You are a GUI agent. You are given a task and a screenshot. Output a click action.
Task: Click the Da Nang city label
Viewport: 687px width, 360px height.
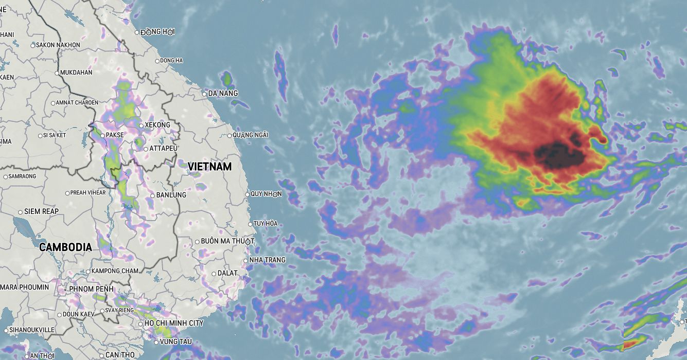tap(223, 94)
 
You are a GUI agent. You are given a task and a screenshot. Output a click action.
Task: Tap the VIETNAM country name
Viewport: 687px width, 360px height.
tap(209, 167)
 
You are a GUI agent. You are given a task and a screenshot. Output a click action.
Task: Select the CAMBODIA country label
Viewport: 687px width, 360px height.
tap(65, 247)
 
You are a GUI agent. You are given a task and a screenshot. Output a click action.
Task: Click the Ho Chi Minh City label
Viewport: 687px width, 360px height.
tap(174, 323)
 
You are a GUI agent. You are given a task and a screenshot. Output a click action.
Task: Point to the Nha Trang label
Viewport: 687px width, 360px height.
tap(267, 260)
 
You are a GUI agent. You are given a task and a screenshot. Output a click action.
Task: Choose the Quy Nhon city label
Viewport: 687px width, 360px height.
tap(266, 194)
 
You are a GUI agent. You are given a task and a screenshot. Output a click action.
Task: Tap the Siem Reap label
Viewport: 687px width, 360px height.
tap(42, 211)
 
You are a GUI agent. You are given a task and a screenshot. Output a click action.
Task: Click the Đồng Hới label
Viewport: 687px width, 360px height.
tap(157, 32)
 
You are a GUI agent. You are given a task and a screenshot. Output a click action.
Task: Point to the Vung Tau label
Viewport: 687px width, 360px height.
tap(175, 341)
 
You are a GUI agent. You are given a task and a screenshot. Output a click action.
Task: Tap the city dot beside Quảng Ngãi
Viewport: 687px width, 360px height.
tap(230, 136)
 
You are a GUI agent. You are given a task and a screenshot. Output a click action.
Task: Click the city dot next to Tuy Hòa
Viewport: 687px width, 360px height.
tap(250, 224)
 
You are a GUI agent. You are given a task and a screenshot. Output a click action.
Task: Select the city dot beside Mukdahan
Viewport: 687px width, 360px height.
tap(57, 73)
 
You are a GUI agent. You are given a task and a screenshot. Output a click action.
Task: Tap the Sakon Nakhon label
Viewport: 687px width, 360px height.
tap(58, 45)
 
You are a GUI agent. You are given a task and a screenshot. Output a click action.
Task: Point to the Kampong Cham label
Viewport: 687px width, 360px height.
tap(115, 271)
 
